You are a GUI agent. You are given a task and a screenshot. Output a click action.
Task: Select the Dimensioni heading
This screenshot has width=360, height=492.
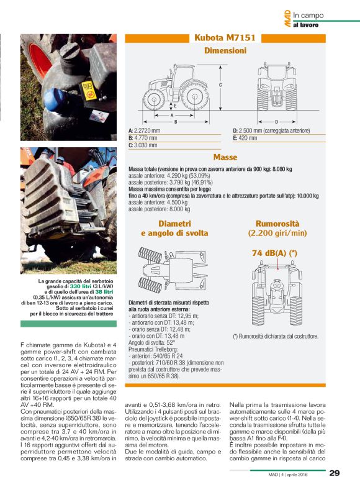[225, 52]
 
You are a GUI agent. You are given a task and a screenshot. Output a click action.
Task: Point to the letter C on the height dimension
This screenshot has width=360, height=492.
[220, 84]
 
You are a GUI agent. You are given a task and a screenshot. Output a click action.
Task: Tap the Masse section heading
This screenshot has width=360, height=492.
[225, 158]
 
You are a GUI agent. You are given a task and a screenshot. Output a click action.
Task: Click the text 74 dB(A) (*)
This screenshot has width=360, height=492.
[274, 253]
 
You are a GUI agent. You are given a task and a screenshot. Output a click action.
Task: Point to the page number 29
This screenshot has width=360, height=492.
[334, 473]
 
